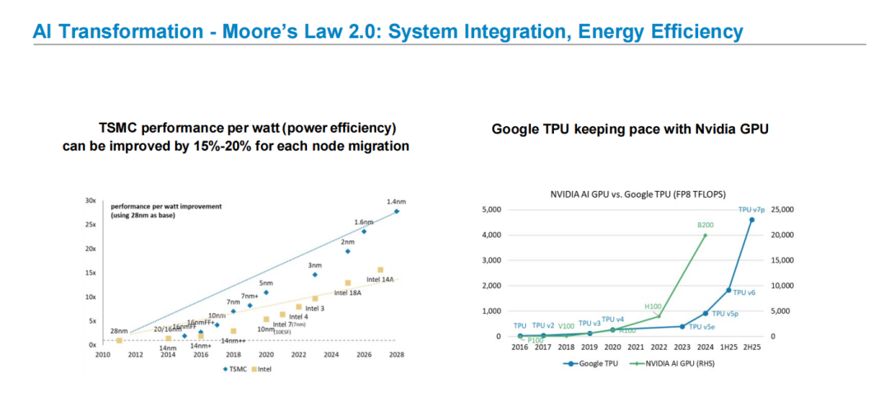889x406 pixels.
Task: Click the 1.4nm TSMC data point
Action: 396,212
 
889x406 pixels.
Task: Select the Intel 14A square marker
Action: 380,269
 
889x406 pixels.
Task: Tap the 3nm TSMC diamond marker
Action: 314,274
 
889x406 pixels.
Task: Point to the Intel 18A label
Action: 348,292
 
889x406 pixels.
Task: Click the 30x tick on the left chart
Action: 91,200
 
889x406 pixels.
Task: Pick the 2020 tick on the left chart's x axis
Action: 266,354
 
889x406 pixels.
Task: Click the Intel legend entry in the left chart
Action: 263,369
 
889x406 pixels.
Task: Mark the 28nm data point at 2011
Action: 119,339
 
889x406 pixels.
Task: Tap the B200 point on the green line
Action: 705,235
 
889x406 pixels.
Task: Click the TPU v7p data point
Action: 751,219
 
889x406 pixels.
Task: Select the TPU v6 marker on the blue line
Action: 728,290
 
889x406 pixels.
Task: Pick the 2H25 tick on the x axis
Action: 751,348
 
